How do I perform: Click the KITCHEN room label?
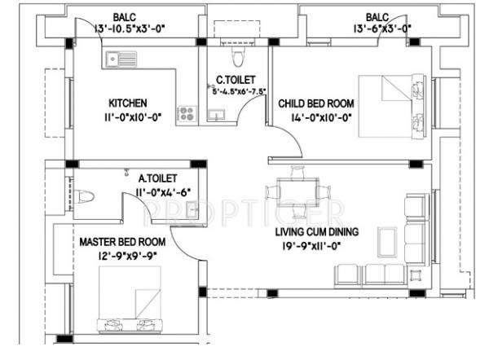point(128,103)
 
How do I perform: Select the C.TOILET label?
point(232,80)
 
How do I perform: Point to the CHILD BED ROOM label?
point(316,103)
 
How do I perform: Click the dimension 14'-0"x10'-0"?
point(320,116)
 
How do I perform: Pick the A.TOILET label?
point(157,178)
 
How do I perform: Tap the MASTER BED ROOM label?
point(122,242)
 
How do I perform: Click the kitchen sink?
point(121,58)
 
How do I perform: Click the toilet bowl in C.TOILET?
point(236,55)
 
